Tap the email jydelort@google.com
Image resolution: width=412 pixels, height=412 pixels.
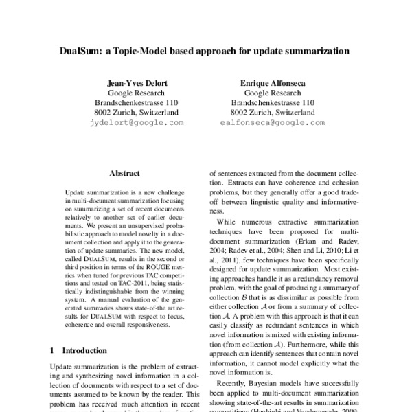(137, 122)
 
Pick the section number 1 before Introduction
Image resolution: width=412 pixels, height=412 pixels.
(53, 351)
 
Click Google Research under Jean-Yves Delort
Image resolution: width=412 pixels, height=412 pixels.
(137, 93)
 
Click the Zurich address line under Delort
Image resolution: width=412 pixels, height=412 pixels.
(137, 112)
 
